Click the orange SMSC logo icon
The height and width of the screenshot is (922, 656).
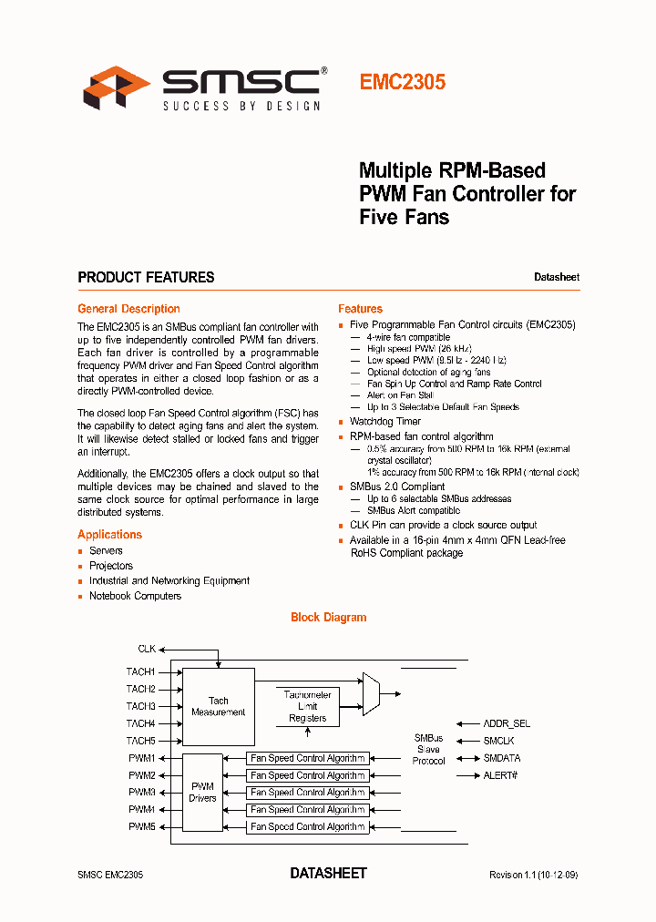coord(117,87)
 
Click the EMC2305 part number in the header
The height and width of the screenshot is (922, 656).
coord(402,82)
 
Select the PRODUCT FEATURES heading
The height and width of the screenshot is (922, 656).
coord(146,277)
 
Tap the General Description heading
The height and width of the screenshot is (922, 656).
coord(128,309)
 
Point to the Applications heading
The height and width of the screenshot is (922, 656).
coord(109,535)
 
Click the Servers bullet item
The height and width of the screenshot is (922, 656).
coord(106,551)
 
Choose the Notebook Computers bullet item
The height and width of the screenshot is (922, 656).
coord(135,596)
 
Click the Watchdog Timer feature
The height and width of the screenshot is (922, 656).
coord(385,422)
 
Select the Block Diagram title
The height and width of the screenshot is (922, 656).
coord(328,618)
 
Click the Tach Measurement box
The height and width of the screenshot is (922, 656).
coord(219,706)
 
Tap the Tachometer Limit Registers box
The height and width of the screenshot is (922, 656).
coord(307,706)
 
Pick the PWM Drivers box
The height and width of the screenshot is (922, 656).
coord(202,792)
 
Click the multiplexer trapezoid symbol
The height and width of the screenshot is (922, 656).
coord(371,693)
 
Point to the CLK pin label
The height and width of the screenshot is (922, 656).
coord(147,649)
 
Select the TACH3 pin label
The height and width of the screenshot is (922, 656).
coord(140,706)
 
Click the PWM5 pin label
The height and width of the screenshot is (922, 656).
coord(141,826)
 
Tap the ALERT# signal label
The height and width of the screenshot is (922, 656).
coord(500,775)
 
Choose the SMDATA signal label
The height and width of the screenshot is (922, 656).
coord(502,758)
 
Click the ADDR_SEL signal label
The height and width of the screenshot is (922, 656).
coord(507,723)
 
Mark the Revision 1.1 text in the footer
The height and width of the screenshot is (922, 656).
coord(533,875)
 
